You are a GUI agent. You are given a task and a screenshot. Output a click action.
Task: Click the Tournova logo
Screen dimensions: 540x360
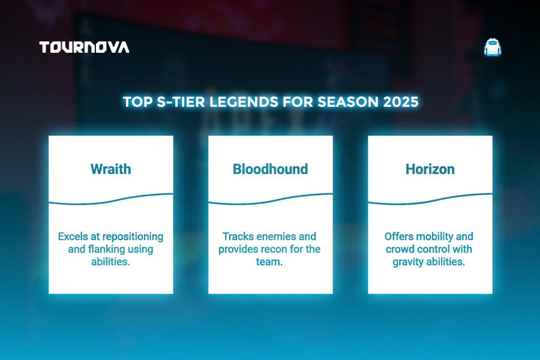tap(85, 47)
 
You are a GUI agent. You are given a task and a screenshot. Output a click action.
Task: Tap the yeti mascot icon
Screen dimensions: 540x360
tap(493, 47)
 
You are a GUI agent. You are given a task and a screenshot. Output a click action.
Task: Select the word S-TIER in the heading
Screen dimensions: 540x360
tap(181, 102)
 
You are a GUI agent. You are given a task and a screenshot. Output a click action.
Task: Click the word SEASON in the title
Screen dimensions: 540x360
tap(348, 102)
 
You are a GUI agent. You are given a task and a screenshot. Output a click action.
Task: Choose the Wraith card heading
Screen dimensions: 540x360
tap(111, 169)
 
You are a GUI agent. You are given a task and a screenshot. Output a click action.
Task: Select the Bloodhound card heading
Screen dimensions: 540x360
tap(271, 169)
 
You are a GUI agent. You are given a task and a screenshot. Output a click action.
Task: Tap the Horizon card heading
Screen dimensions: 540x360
tap(430, 169)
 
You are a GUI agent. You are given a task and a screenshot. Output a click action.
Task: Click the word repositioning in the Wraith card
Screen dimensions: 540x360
tap(133, 237)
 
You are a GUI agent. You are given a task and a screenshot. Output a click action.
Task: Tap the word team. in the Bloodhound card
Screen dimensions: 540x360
tap(269, 262)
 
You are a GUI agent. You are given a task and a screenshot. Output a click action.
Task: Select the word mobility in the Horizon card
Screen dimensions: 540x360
tap(434, 237)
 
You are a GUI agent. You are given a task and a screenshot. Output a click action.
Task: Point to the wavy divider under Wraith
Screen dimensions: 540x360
tap(111, 199)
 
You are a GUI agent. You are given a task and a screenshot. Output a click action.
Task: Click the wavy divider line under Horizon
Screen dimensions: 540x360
tap(430, 199)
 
